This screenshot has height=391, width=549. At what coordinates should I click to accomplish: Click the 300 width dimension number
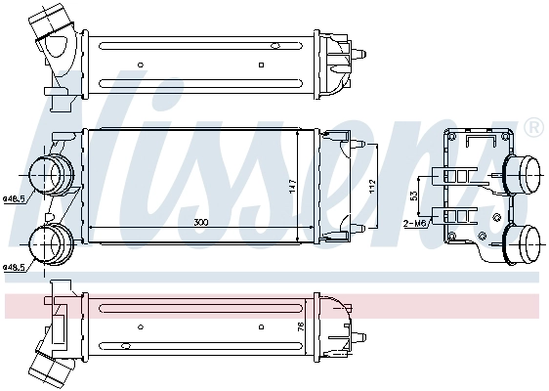pos(200,223)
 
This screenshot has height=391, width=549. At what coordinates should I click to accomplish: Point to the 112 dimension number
pos(371,185)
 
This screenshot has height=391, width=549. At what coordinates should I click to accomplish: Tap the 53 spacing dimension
pos(413,196)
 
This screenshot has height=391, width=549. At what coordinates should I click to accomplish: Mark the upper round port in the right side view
pos(524,176)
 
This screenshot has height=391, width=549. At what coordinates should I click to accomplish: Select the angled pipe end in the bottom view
pos(44,369)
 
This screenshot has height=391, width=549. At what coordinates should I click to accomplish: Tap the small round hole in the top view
pos(141,65)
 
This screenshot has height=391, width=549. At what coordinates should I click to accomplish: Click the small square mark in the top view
pos(261,65)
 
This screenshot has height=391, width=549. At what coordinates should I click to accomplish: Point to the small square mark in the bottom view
pos(261,344)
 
